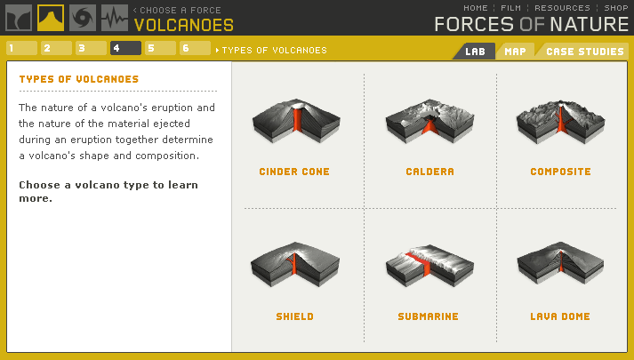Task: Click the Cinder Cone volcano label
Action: [294, 172]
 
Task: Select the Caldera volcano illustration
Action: [429, 124]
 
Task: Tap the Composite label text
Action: [560, 172]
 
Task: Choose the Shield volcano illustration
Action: [294, 266]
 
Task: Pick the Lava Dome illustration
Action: [560, 266]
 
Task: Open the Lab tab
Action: [474, 51]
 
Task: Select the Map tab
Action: [515, 51]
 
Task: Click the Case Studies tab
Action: [584, 51]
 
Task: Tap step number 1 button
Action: [21, 48]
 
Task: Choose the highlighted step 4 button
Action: [125, 48]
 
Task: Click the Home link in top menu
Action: [476, 8]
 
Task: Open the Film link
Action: [510, 8]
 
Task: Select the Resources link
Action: [562, 8]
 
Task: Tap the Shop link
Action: [616, 8]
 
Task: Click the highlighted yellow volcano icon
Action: [51, 18]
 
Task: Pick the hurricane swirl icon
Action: [83, 18]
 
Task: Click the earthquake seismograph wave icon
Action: [115, 18]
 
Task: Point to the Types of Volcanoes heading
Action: [79, 79]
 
